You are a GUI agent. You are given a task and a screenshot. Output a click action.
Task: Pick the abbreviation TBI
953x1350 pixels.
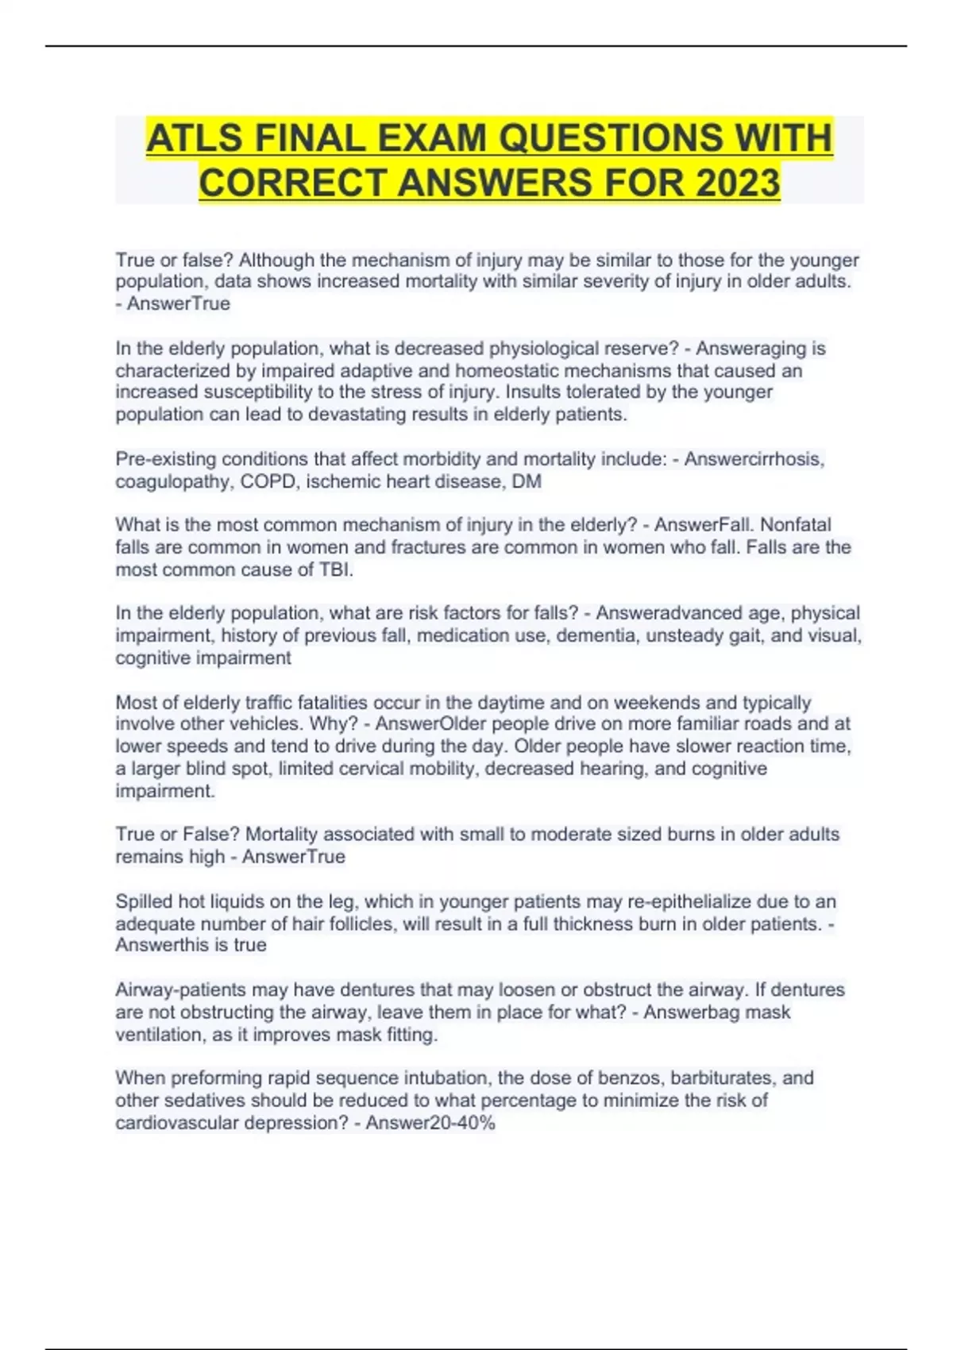336,569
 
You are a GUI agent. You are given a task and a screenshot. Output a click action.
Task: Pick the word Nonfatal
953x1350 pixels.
797,525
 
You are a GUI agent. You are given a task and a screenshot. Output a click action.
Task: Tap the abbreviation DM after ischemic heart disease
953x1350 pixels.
527,481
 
